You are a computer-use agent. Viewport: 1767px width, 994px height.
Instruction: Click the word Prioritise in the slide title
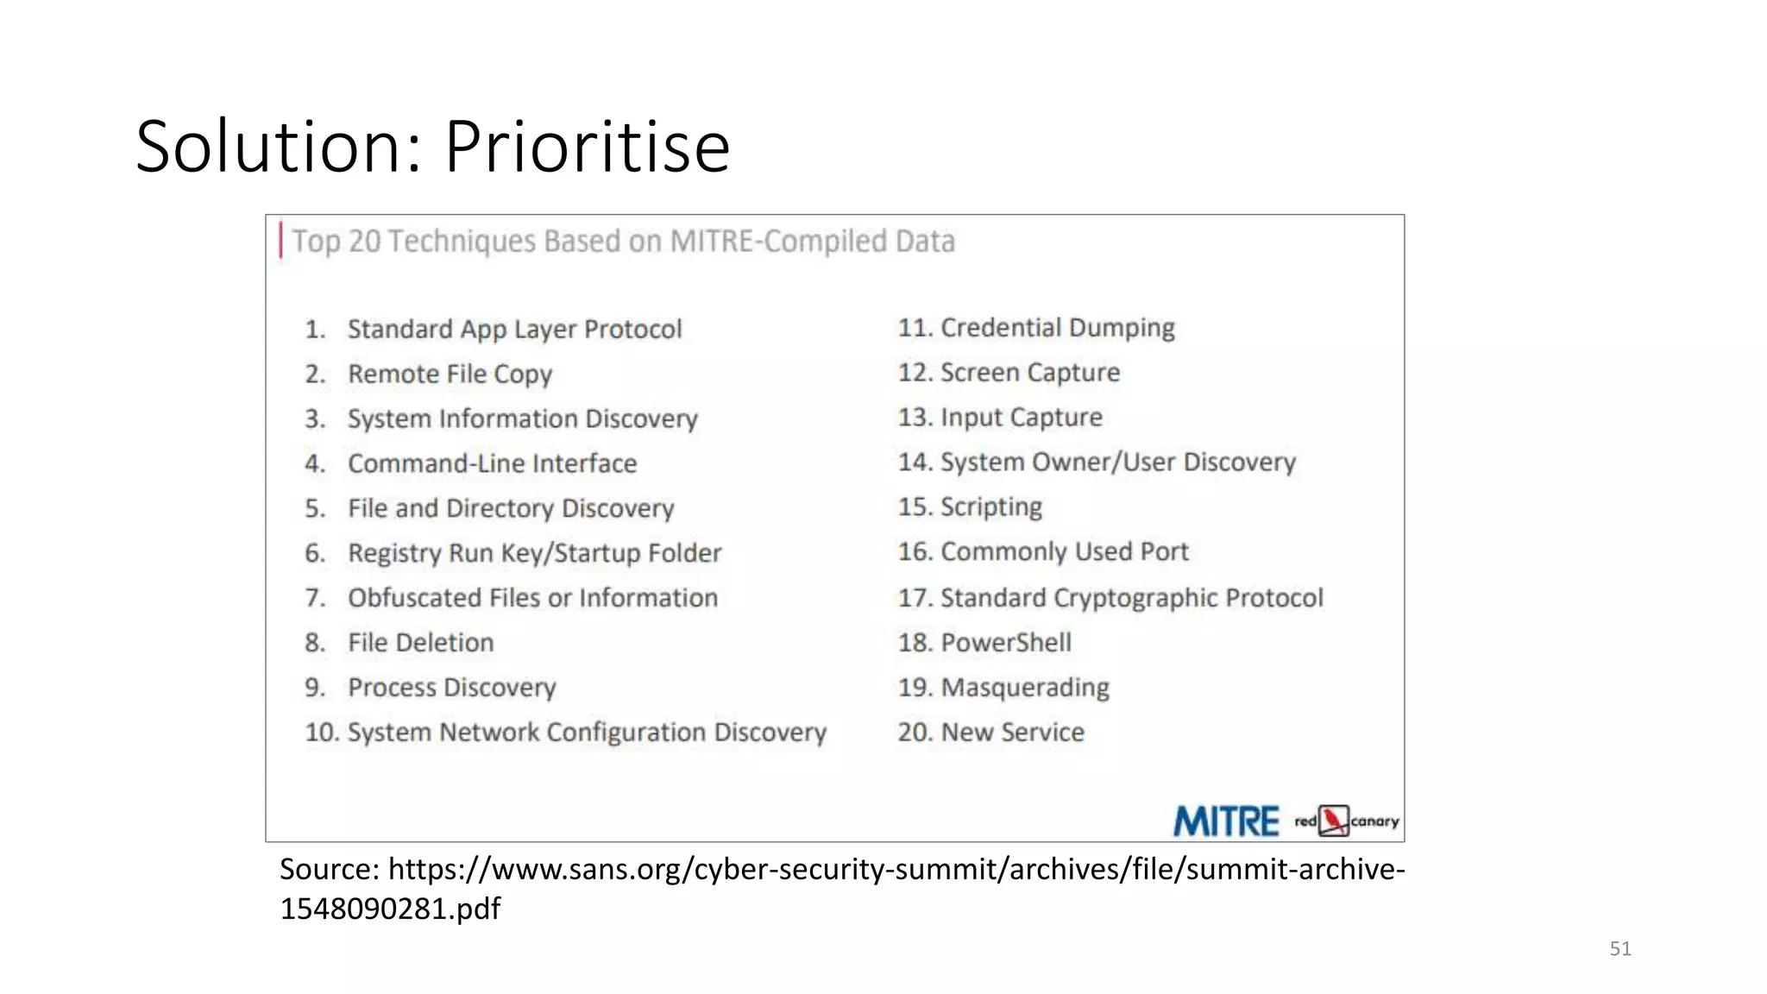click(587, 147)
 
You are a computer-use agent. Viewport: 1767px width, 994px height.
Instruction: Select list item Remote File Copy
click(450, 374)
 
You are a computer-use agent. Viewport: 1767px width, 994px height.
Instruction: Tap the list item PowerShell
click(1005, 643)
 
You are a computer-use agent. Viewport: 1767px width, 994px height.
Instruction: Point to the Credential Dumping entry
click(1057, 328)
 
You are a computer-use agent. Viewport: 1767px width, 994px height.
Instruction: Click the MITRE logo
click(1225, 821)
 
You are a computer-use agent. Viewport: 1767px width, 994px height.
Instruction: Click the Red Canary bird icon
click(1334, 821)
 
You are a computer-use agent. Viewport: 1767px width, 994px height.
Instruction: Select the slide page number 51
click(1620, 949)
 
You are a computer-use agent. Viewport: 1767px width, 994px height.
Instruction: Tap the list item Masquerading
click(1024, 688)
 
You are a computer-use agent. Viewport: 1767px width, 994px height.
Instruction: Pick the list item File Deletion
click(420, 643)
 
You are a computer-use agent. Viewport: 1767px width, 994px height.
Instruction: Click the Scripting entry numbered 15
click(990, 506)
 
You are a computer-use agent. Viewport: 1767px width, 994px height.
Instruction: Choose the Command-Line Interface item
click(492, 463)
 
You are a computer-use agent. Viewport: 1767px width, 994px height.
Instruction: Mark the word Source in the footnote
click(329, 869)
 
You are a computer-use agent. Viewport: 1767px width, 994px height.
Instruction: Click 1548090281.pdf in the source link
click(390, 909)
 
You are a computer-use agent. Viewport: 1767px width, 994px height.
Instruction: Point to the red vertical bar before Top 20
click(281, 241)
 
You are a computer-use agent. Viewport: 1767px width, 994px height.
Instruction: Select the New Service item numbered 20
click(1012, 733)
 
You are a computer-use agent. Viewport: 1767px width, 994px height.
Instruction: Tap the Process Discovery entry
click(451, 688)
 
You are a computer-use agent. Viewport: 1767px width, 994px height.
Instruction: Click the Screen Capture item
click(1029, 373)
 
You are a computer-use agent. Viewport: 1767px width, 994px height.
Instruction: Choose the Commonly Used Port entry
click(1064, 551)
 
